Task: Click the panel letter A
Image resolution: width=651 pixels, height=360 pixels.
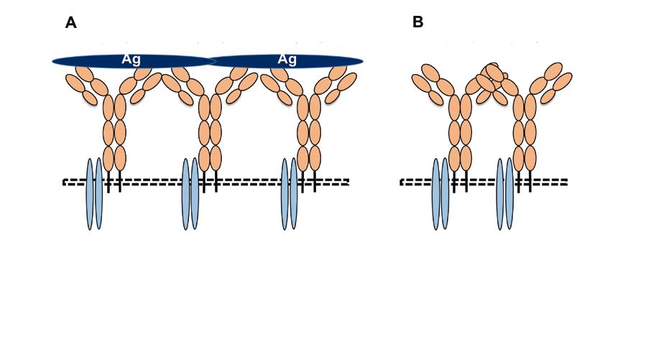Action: pos(70,23)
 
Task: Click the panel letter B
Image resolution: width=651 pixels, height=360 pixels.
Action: pos(417,22)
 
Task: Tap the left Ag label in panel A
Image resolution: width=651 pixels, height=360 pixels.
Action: pos(131,60)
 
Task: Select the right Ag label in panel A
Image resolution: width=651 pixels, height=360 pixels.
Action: pos(287,60)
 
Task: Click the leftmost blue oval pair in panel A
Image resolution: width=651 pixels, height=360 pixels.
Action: pos(94,194)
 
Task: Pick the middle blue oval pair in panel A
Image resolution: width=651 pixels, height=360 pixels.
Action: pos(190,194)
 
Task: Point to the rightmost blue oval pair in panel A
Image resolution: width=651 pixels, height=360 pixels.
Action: pos(289,194)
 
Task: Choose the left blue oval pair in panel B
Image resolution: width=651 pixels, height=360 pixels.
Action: pos(440,194)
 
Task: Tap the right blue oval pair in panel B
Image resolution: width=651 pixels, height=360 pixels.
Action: pos(505,194)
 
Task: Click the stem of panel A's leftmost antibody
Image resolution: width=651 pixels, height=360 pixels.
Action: pos(114,133)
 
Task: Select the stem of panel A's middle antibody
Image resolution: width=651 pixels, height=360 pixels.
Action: pos(210,133)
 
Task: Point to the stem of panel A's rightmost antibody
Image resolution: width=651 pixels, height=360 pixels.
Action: pos(308,133)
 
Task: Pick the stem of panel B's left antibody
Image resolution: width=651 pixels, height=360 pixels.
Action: pos(460,133)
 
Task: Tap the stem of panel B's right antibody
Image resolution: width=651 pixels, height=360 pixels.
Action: pos(525,133)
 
